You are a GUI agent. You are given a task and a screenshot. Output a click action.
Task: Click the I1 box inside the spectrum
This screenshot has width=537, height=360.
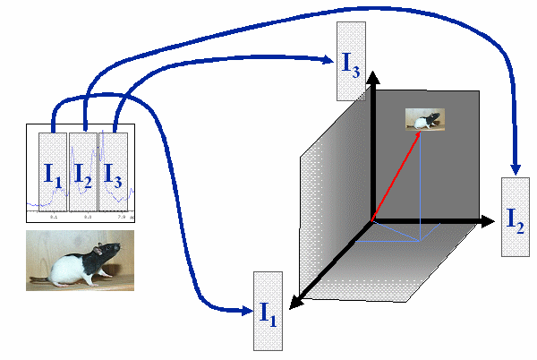pos(53,170)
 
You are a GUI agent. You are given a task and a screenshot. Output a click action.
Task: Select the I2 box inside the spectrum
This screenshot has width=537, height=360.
pos(83,170)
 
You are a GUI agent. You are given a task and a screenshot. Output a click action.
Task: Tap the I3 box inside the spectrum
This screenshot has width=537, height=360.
pos(114,170)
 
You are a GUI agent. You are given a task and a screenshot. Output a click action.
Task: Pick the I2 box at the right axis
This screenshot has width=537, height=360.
pos(516,217)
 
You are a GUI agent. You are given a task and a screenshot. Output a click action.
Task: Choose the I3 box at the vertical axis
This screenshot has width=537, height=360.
pos(350,62)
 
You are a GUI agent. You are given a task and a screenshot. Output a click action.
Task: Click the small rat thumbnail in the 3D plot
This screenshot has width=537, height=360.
pos(426,119)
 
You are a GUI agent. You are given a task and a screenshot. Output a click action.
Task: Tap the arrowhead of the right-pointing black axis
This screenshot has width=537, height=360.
pos(489,220)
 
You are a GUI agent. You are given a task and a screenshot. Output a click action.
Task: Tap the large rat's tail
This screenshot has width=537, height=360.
pos(40,280)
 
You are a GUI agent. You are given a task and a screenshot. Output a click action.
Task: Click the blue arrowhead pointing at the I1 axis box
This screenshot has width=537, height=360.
pos(247,311)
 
